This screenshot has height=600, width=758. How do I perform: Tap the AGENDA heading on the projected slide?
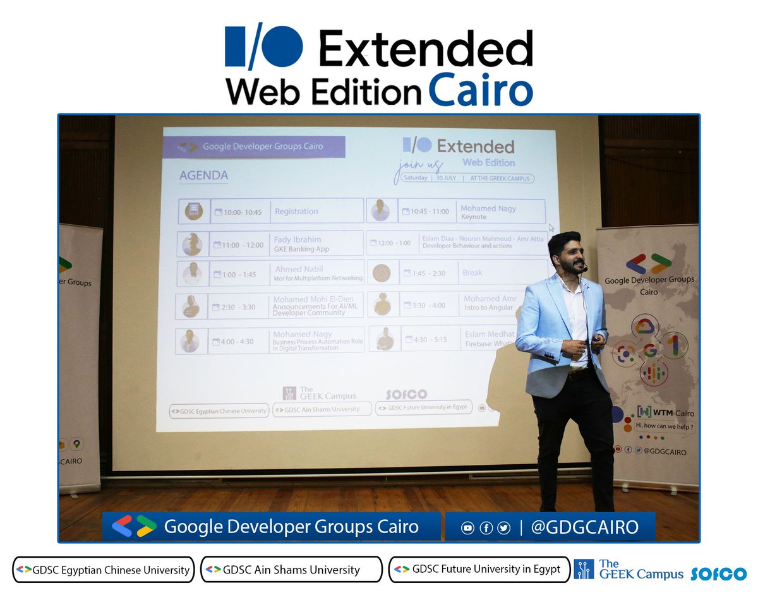click(203, 176)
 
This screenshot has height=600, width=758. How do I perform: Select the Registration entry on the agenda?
click(296, 212)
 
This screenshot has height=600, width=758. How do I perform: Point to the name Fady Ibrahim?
click(298, 239)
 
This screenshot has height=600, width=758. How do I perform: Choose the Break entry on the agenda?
click(472, 273)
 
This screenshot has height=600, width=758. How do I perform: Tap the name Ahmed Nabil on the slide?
click(299, 269)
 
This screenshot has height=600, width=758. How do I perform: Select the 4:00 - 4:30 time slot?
click(237, 341)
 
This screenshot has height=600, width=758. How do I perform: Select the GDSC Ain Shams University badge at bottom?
click(291, 570)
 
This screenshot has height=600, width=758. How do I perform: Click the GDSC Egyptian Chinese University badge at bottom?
click(104, 570)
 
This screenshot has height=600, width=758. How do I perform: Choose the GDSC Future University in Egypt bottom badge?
click(479, 569)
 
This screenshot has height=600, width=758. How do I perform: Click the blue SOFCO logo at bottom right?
click(718, 574)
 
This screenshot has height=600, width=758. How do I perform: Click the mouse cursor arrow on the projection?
click(551, 228)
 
